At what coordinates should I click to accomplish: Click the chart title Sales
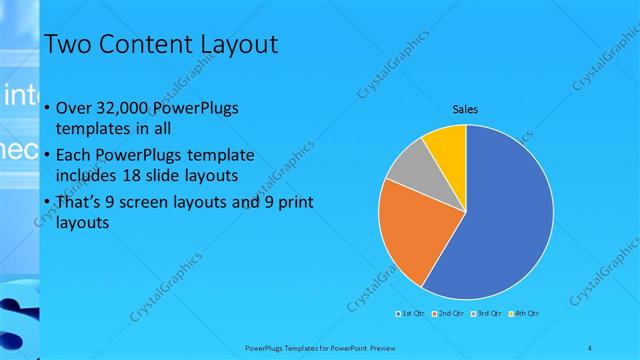pyautogui.click(x=465, y=108)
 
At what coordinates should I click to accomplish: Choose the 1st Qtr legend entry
pyautogui.click(x=411, y=314)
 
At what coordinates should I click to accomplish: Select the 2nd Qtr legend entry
pyautogui.click(x=448, y=314)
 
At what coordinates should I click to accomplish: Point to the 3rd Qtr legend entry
pyautogui.click(x=486, y=314)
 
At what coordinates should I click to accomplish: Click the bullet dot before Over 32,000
pyautogui.click(x=47, y=109)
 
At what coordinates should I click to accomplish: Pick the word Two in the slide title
pyautogui.click(x=68, y=45)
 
